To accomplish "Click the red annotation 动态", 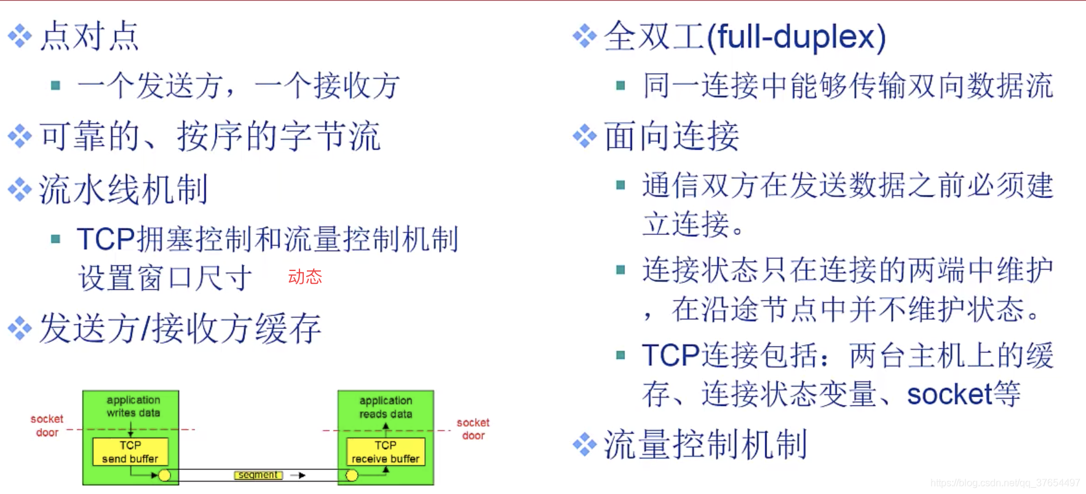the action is pyautogui.click(x=305, y=276).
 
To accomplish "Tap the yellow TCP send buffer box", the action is pyautogui.click(x=130, y=452).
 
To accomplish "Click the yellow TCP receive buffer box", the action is pyautogui.click(x=386, y=452).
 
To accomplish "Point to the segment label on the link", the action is pyautogui.click(x=258, y=475).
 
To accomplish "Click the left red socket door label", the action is pyautogui.click(x=47, y=425).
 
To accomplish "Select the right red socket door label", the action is pyautogui.click(x=473, y=429).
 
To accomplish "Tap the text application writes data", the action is pyautogui.click(x=133, y=406).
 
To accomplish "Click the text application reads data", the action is pyautogui.click(x=386, y=407).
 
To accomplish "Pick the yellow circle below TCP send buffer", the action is pyautogui.click(x=164, y=475).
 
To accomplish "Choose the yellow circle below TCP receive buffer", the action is pyautogui.click(x=352, y=475).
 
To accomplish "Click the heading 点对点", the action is pyautogui.click(x=90, y=36).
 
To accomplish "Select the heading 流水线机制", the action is pyautogui.click(x=124, y=189).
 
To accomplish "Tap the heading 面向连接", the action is pyautogui.click(x=672, y=136).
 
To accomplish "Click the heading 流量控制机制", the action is pyautogui.click(x=705, y=444).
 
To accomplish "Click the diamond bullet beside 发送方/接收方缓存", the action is pyautogui.click(x=20, y=328).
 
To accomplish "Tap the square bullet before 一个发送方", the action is pyautogui.click(x=55, y=85).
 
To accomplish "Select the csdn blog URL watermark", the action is pyautogui.click(x=1005, y=483).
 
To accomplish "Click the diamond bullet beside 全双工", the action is pyautogui.click(x=584, y=36).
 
